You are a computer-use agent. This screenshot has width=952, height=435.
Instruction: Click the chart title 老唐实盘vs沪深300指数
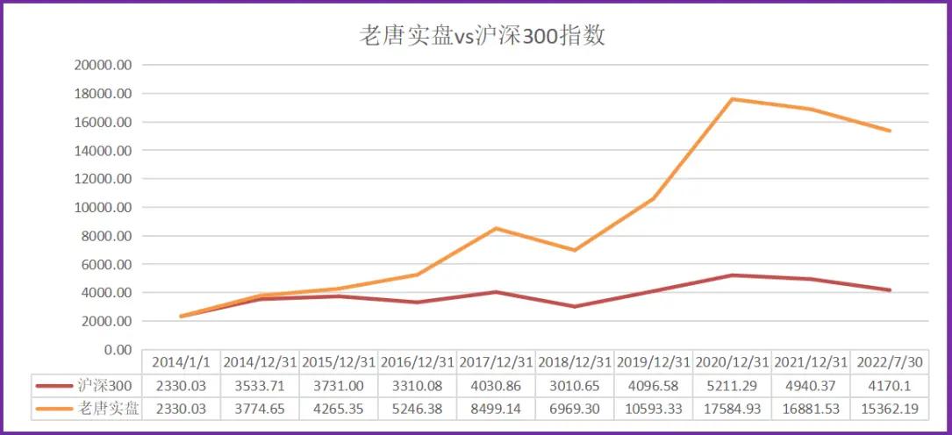pyautogui.click(x=483, y=36)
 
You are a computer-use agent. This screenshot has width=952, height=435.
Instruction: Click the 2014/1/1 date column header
pyautogui.click(x=181, y=362)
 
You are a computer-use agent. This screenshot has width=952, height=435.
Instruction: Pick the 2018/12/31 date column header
pyautogui.click(x=575, y=362)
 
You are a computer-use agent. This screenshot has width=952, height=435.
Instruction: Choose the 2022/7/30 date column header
pyautogui.click(x=890, y=362)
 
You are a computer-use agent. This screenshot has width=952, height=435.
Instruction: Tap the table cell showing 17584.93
pyautogui.click(x=733, y=409)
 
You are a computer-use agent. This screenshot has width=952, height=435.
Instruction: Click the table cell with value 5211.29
pyautogui.click(x=733, y=386)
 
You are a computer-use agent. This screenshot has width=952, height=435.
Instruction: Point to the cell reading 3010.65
pyautogui.click(x=575, y=386)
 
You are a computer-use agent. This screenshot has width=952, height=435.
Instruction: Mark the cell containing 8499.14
pyautogui.click(x=496, y=409)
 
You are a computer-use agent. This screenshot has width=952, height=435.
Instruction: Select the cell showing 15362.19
pyautogui.click(x=890, y=409)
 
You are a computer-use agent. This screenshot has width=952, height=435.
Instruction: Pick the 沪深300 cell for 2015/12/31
pyautogui.click(x=338, y=386)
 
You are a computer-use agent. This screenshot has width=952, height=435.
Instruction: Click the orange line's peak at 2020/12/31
pyautogui.click(x=733, y=99)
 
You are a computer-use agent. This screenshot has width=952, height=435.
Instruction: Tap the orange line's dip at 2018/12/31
pyautogui.click(x=575, y=250)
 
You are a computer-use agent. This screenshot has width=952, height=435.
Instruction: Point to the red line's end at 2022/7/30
pyautogui.click(x=890, y=290)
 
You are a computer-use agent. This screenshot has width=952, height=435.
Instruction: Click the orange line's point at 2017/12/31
pyautogui.click(x=496, y=228)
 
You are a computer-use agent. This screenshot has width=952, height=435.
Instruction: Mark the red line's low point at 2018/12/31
pyautogui.click(x=575, y=306)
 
